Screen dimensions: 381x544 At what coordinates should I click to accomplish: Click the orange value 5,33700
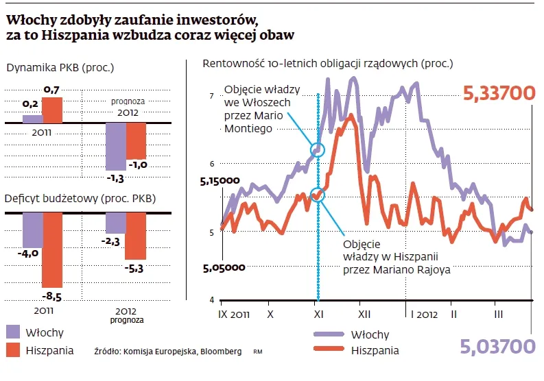tap(499, 93)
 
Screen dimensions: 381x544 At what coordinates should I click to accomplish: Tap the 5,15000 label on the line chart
tap(220, 182)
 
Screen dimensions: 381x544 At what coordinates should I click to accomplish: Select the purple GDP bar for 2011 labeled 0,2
tap(33, 119)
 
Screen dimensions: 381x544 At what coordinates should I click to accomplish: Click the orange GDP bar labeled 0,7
tap(53, 110)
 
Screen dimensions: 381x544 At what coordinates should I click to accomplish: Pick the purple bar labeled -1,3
tap(115, 146)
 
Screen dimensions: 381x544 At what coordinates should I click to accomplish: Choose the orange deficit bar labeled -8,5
tap(53, 249)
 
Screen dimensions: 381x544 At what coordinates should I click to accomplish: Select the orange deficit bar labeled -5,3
tap(136, 236)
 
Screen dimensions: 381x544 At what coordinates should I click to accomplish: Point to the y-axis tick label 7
tap(212, 96)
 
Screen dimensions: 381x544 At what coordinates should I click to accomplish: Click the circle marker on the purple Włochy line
tap(317, 149)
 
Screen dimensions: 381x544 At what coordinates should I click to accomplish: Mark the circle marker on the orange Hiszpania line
tap(316, 195)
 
